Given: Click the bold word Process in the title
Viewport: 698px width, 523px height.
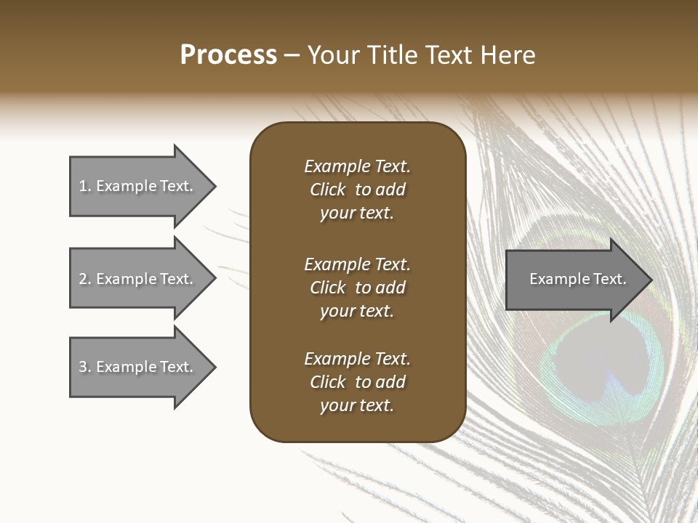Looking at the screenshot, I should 228,55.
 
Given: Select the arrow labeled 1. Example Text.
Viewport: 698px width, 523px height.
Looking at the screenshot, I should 138,186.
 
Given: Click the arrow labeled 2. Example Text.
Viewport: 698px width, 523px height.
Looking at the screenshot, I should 138,279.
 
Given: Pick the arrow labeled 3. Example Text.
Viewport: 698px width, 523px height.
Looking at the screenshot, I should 138,367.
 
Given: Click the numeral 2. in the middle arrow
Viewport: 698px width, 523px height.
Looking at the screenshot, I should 85,279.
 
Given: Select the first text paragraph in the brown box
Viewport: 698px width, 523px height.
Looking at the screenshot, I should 357,190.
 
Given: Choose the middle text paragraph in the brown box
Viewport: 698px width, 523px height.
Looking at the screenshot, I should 357,288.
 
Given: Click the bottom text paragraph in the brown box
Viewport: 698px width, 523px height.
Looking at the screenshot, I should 357,382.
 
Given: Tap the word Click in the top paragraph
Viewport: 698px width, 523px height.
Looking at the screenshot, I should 328,190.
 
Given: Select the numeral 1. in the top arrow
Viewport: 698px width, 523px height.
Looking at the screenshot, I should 85,186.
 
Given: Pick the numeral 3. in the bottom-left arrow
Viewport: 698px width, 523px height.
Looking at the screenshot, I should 85,367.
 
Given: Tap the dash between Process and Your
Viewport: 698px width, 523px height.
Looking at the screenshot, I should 292,55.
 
